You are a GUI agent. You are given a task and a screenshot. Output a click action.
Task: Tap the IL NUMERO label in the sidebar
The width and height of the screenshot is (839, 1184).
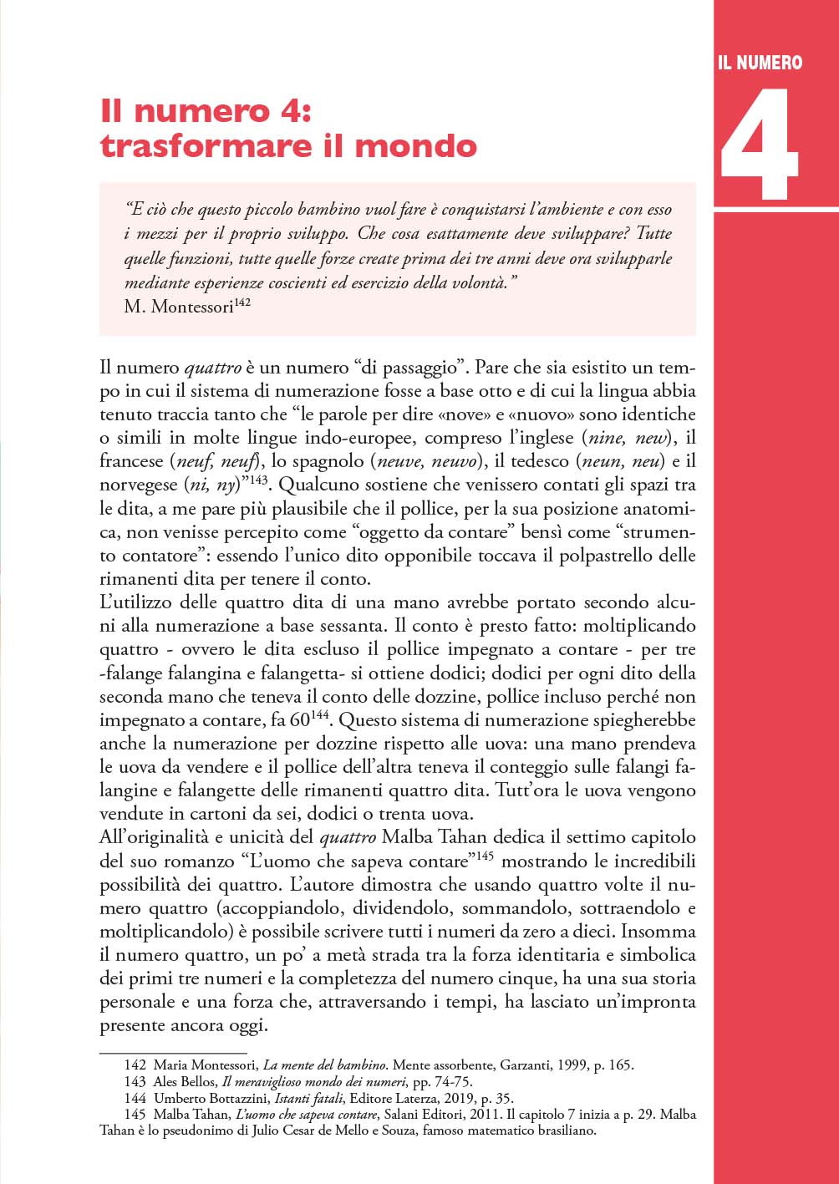click(x=760, y=63)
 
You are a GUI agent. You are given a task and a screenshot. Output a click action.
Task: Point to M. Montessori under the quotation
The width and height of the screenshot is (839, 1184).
click(x=178, y=307)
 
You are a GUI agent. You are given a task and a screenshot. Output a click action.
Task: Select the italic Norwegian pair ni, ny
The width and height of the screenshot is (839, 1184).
click(x=211, y=485)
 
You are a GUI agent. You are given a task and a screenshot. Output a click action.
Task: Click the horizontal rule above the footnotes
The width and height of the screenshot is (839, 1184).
click(x=173, y=1053)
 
